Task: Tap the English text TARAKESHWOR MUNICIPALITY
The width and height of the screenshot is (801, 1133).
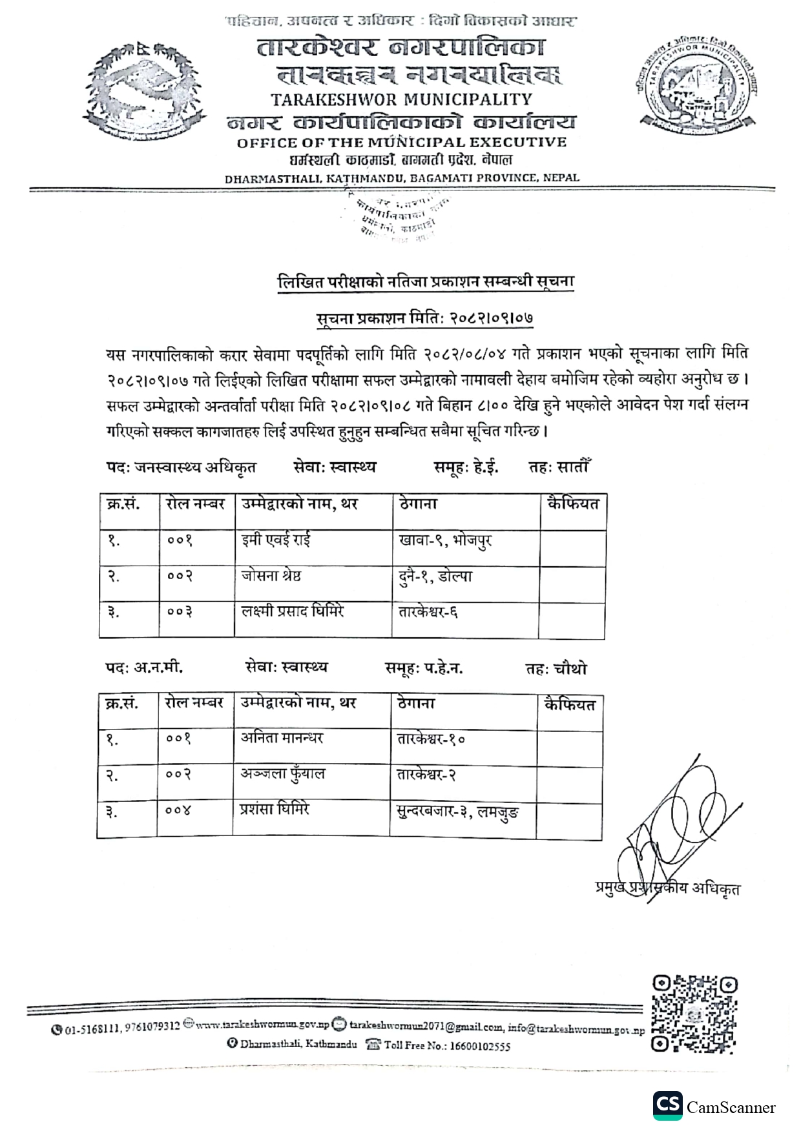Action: click(x=401, y=99)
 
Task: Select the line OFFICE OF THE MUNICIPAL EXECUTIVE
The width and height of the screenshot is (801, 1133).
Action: click(x=401, y=142)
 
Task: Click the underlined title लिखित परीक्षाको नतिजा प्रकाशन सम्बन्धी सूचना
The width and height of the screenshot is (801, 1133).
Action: click(x=426, y=282)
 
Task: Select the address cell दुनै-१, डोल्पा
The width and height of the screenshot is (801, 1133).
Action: click(x=435, y=576)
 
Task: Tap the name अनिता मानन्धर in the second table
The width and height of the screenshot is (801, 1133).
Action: click(x=282, y=738)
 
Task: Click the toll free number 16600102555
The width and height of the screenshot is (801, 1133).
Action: click(x=479, y=1046)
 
